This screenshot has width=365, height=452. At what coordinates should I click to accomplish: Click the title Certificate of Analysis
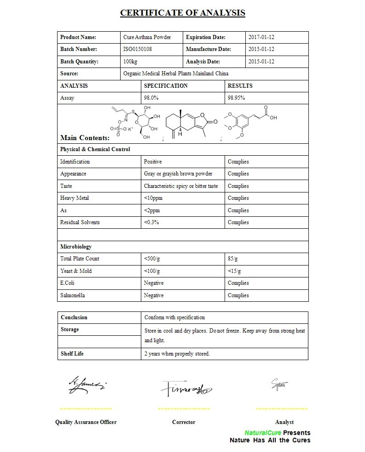[182, 13]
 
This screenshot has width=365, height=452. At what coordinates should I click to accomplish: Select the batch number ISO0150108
[138, 50]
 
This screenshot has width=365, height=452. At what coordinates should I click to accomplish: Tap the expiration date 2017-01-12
[261, 37]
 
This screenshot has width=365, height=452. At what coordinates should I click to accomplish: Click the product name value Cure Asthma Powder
[147, 37]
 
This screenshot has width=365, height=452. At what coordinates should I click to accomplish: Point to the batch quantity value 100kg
[130, 62]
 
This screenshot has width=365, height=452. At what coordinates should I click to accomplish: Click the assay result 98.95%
[236, 98]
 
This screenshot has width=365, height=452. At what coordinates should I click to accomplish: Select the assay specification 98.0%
[151, 98]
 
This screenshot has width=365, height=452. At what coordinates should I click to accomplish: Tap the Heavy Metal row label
[75, 198]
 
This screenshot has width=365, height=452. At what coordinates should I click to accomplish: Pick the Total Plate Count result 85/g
[233, 259]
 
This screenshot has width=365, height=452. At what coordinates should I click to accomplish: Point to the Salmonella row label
[73, 295]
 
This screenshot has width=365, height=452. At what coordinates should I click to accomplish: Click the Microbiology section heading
[76, 247]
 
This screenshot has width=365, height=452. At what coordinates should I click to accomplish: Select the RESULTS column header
[240, 86]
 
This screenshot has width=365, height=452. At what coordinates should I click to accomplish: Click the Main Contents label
[85, 138]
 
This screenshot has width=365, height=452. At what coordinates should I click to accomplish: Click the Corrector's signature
[185, 388]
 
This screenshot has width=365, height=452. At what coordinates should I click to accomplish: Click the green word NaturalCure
[263, 433]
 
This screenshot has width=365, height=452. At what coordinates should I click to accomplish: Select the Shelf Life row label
[72, 354]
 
